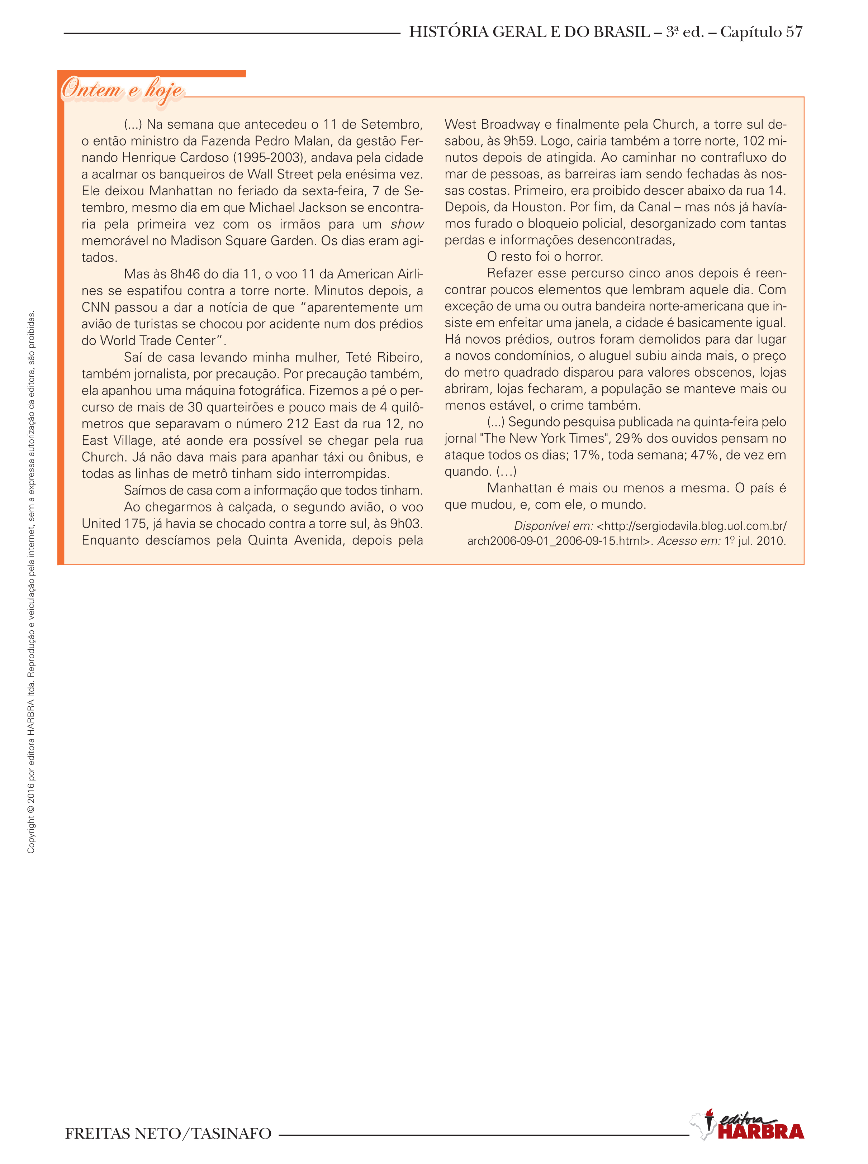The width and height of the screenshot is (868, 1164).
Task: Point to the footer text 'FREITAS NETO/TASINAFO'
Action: (x=168, y=1134)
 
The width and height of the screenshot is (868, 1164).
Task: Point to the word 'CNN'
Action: (x=96, y=307)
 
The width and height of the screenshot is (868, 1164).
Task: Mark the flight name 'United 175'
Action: (x=114, y=524)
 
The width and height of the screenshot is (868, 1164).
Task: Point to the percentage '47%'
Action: (x=704, y=455)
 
